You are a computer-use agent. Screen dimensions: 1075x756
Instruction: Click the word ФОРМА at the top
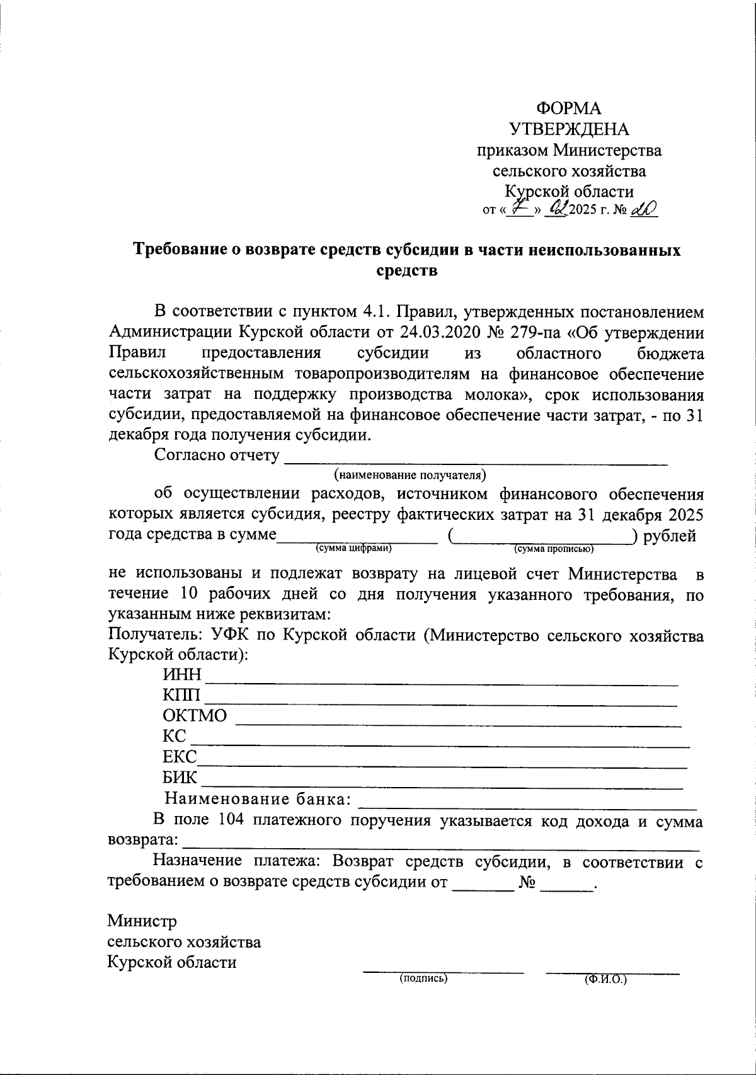tap(569, 108)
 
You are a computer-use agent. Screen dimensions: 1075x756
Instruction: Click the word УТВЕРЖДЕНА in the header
tap(569, 129)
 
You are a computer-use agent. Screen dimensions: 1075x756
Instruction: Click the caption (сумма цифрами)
tap(354, 548)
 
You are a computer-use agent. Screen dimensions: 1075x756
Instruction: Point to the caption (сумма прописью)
tap(554, 549)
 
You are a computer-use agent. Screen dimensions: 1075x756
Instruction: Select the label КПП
tap(182, 696)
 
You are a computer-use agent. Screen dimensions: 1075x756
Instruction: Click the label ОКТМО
tap(195, 716)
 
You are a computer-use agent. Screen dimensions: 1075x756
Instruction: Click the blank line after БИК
tap(441, 785)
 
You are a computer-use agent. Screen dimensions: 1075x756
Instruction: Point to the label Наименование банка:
tap(258, 800)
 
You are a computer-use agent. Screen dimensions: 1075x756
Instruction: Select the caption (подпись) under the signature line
tap(423, 979)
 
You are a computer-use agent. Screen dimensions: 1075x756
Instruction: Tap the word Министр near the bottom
tap(142, 921)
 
